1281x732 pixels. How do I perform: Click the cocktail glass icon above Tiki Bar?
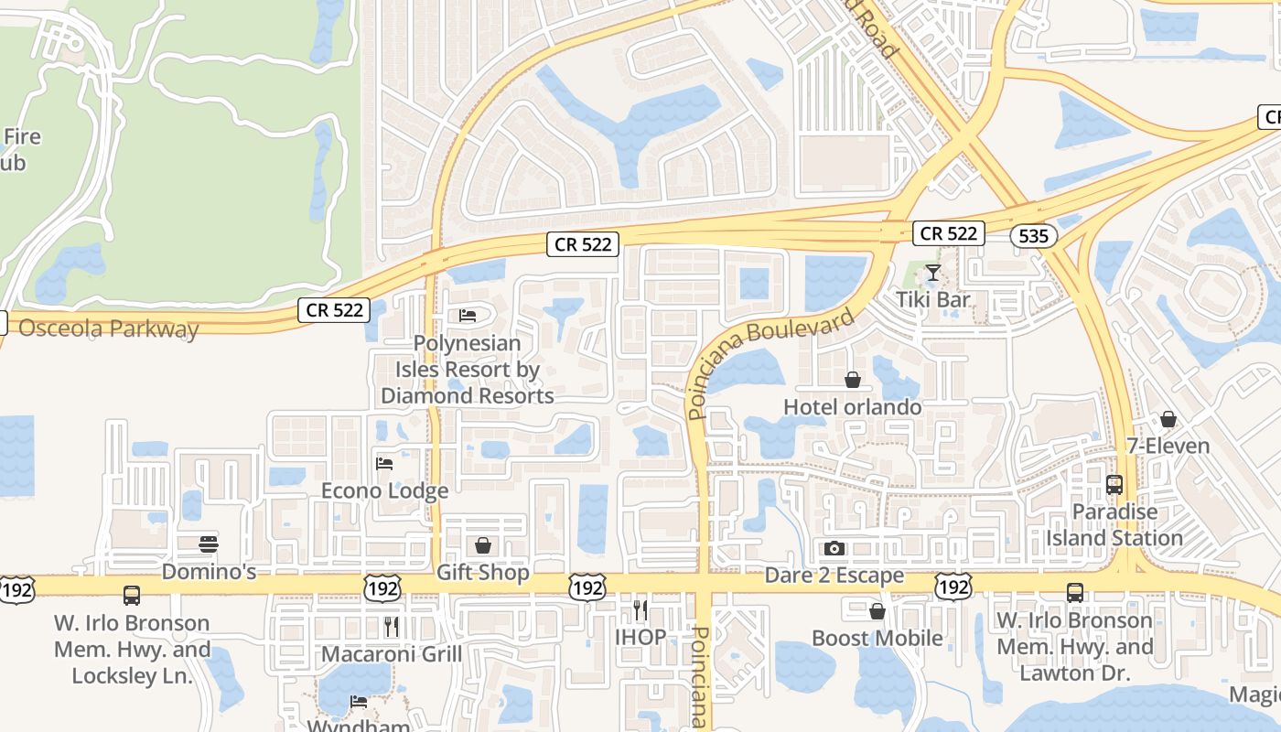(932, 273)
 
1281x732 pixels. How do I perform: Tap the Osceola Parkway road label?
(108, 328)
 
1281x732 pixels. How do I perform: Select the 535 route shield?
(1033, 236)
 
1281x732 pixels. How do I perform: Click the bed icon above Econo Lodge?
(384, 464)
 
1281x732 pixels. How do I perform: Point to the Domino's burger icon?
(209, 544)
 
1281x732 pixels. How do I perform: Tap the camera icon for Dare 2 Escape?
(834, 549)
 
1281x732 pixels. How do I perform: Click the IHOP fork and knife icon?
(640, 609)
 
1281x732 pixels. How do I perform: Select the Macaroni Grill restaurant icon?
(392, 627)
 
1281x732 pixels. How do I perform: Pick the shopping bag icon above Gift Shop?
(483, 546)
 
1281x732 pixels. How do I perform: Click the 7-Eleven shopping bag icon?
(1168, 420)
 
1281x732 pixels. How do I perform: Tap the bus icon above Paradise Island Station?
(1114, 485)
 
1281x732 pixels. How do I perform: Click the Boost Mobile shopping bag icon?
(877, 611)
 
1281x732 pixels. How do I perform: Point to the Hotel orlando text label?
(853, 407)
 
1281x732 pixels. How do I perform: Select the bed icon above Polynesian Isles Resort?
(468, 317)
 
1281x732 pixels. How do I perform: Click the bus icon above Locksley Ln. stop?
(132, 596)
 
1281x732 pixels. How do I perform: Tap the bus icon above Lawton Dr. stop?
(1075, 593)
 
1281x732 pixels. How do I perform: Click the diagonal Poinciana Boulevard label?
(771, 361)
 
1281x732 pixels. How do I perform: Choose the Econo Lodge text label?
(384, 490)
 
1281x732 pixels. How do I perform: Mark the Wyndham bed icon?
(359, 703)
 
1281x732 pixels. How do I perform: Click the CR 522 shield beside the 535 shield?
(949, 233)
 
